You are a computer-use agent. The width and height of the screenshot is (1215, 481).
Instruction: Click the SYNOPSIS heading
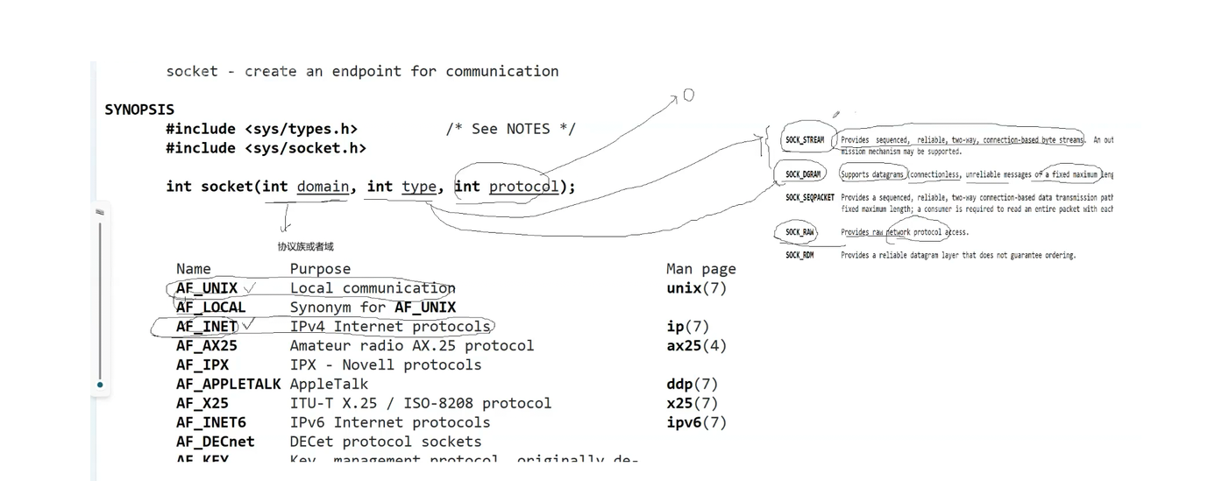[x=139, y=110]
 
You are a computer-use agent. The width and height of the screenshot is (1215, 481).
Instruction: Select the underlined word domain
[x=323, y=186]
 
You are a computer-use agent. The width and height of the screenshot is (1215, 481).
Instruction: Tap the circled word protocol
[x=523, y=186]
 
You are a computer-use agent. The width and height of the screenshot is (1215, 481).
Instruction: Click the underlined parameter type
[x=419, y=186]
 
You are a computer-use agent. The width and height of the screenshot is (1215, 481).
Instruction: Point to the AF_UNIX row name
[x=207, y=288]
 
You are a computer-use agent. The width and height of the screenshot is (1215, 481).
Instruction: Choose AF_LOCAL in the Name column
[x=210, y=308]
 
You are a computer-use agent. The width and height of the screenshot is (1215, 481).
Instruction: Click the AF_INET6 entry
[x=210, y=422]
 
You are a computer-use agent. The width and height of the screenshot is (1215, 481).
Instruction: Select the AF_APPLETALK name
[x=228, y=384]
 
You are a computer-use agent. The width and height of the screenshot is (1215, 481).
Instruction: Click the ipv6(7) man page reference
[x=696, y=422]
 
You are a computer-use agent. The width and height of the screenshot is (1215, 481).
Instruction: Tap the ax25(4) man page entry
[x=696, y=345]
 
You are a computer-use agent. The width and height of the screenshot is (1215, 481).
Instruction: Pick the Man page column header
[x=700, y=269]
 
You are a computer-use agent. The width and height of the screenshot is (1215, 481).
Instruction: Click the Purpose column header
[x=320, y=269]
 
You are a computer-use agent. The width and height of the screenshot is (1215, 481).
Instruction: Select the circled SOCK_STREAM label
[x=805, y=140]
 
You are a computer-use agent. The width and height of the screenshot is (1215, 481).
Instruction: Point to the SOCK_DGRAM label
[x=803, y=174]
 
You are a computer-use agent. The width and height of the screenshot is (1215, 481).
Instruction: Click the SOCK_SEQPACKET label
[x=809, y=198]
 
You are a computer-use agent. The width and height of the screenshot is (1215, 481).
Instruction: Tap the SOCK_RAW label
[x=799, y=232]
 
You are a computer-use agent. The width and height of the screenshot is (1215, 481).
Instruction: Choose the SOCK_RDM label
[x=799, y=255]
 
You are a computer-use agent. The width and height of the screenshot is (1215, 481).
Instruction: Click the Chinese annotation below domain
[x=305, y=247]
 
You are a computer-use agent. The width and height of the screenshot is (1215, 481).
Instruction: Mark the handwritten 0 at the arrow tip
[x=689, y=95]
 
